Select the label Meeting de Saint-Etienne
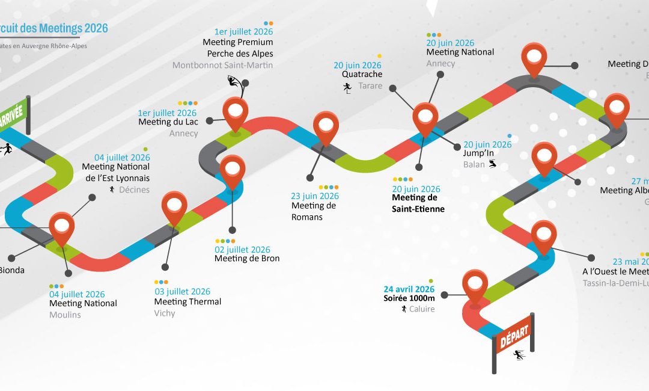[x=418, y=203]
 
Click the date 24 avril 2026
[x=409, y=289]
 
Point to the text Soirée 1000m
[x=409, y=298]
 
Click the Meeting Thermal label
[x=187, y=301]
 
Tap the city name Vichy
[x=165, y=313]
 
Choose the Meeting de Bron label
[x=247, y=259]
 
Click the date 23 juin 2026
[x=315, y=196]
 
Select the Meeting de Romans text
[x=314, y=211]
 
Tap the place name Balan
[x=474, y=164]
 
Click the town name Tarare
[x=370, y=86]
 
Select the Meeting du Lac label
[x=168, y=122]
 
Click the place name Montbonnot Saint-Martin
[x=222, y=65]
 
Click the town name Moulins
[x=65, y=315]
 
